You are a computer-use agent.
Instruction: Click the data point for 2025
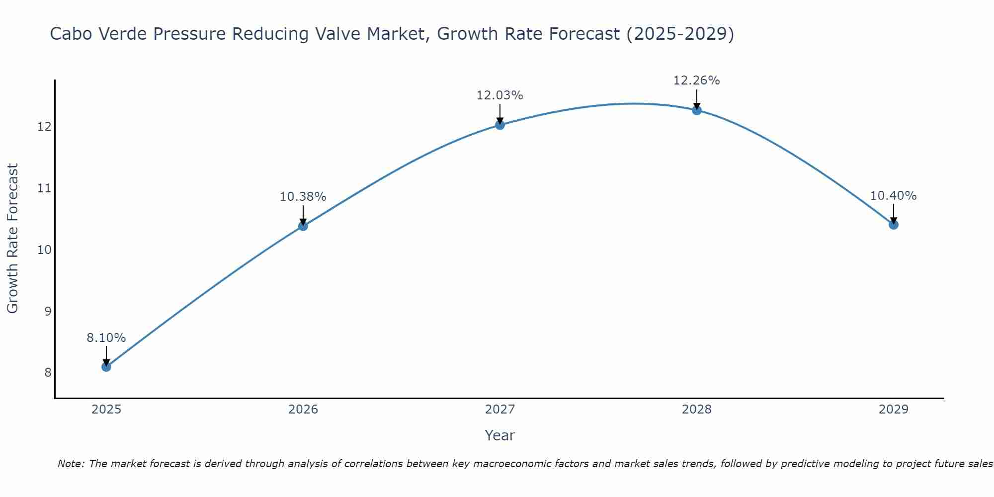[x=106, y=367]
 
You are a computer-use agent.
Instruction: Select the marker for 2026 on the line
[x=303, y=226]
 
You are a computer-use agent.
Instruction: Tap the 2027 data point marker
[x=500, y=125]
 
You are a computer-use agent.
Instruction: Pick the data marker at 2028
[x=697, y=110]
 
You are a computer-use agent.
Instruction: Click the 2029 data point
[x=894, y=225]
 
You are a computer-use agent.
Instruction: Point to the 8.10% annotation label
[x=106, y=338]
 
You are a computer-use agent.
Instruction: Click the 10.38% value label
[x=303, y=197]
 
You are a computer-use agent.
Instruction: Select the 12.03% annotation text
[x=500, y=95]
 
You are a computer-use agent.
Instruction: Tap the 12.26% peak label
[x=697, y=81]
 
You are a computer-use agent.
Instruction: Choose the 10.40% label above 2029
[x=894, y=196]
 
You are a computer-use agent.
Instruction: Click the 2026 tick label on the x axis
[x=303, y=410]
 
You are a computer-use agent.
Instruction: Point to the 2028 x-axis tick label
[x=697, y=410]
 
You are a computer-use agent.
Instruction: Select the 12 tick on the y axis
[x=45, y=127]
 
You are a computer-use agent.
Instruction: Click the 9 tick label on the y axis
[x=48, y=311]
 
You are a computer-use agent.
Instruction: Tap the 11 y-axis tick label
[x=45, y=188]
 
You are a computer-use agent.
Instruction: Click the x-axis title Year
[x=500, y=435]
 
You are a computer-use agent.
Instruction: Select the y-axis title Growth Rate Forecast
[x=13, y=239]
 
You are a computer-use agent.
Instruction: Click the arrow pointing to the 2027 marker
[x=500, y=113]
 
